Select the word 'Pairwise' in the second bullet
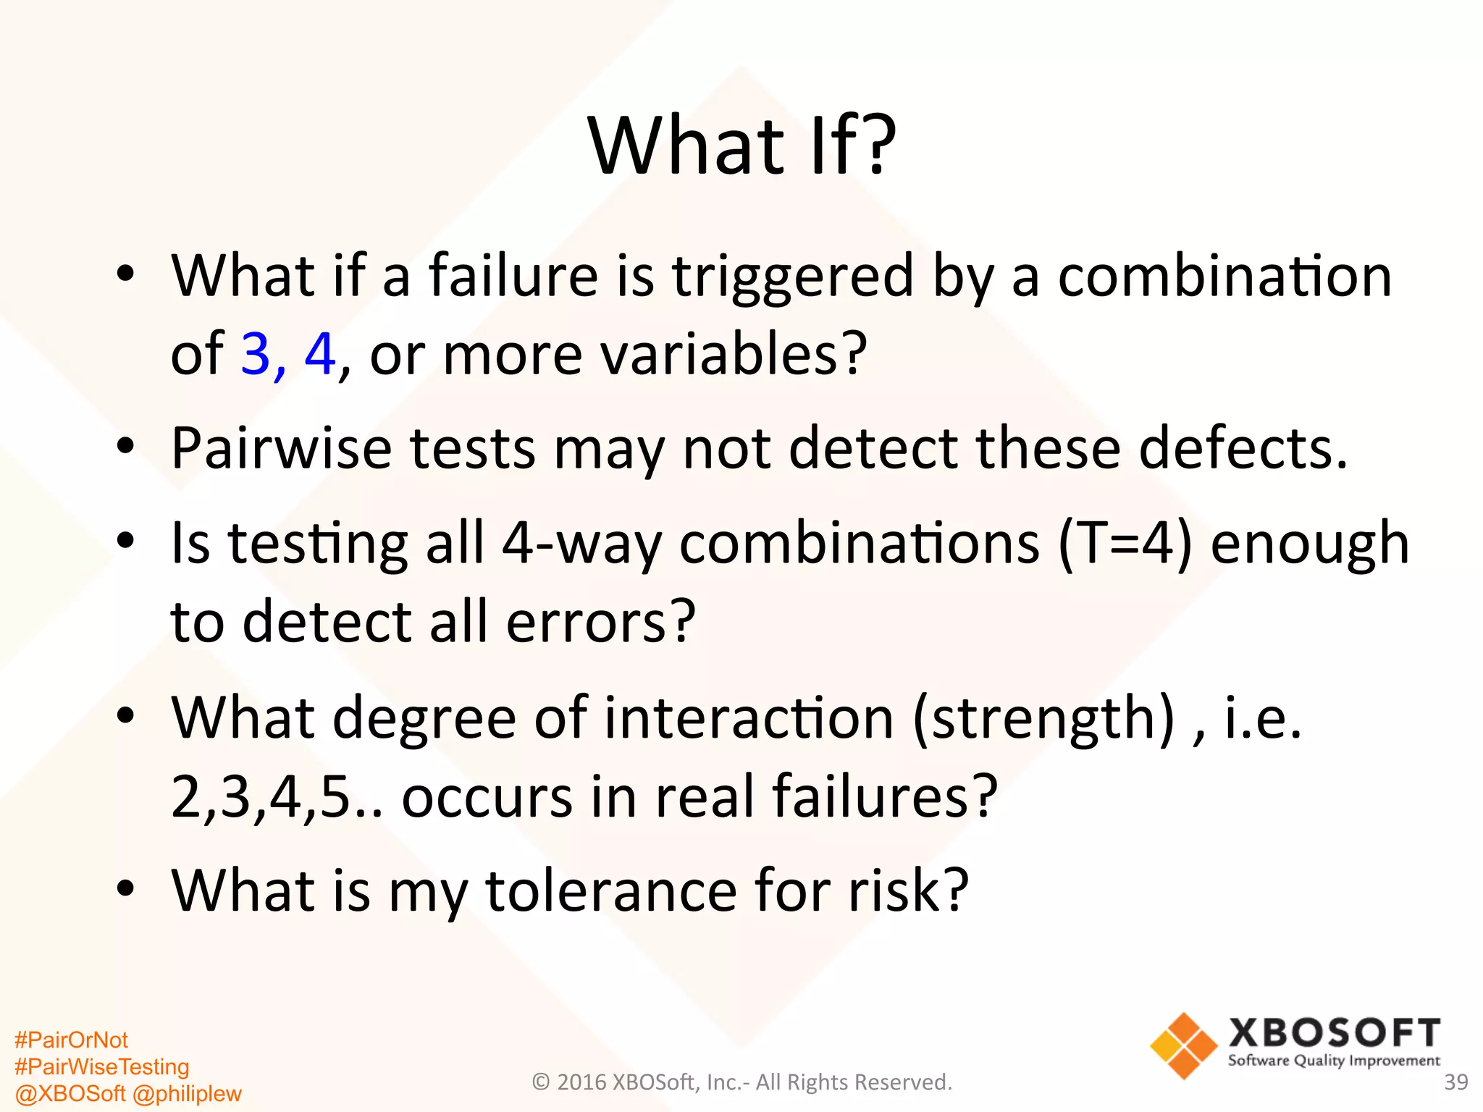click(x=281, y=449)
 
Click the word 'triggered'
click(x=793, y=277)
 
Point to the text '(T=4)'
click(x=1125, y=543)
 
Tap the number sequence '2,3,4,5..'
click(x=277, y=796)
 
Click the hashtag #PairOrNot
click(x=71, y=1040)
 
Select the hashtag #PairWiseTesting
click(x=101, y=1066)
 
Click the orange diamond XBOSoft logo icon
click(x=1183, y=1046)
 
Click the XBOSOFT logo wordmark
click(x=1334, y=1033)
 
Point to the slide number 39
click(x=1455, y=1082)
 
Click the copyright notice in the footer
click(x=741, y=1082)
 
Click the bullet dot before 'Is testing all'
click(x=126, y=540)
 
